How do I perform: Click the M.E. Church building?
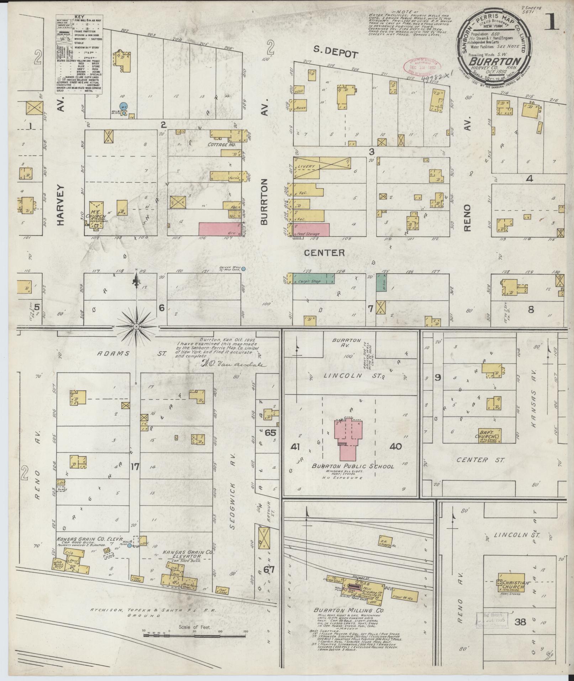[x=96, y=213]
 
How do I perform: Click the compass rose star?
[x=136, y=326]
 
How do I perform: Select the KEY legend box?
[x=79, y=54]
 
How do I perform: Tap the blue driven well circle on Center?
[x=243, y=269]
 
